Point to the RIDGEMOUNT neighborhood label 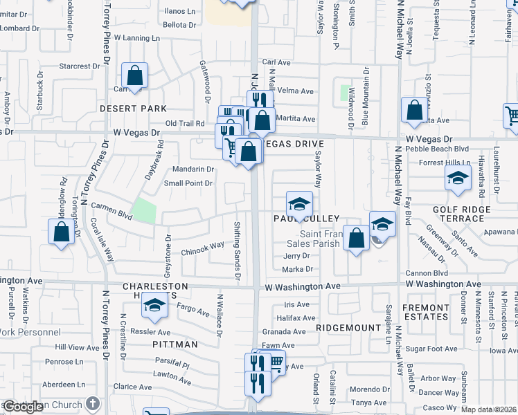tap(348, 327)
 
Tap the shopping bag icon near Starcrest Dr tap(135, 75)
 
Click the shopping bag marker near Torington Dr tap(61, 232)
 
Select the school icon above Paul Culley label tap(299, 204)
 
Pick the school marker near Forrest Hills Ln tap(457, 178)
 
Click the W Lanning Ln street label tap(137, 37)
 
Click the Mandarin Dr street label tap(193, 169)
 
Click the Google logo tap(24, 407)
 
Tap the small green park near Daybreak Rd tap(144, 210)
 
